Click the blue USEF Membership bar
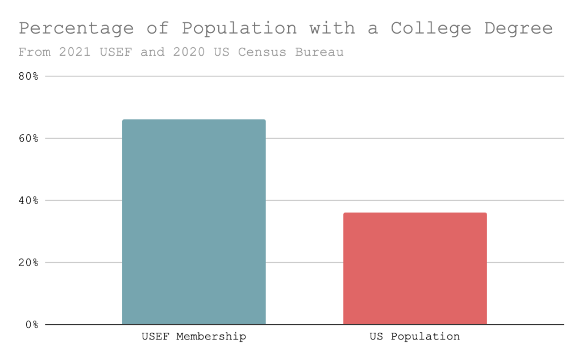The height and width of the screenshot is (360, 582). tap(194, 222)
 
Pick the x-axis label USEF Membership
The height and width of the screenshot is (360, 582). tap(194, 337)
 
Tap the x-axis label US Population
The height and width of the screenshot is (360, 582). tap(414, 337)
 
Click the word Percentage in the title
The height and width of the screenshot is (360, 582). tap(76, 28)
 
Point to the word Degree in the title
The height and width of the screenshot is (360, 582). tap(518, 28)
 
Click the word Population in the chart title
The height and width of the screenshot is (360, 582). tap(239, 28)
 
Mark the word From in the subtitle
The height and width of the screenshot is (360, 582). tap(31, 52)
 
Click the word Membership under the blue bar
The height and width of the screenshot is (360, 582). tap(211, 337)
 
